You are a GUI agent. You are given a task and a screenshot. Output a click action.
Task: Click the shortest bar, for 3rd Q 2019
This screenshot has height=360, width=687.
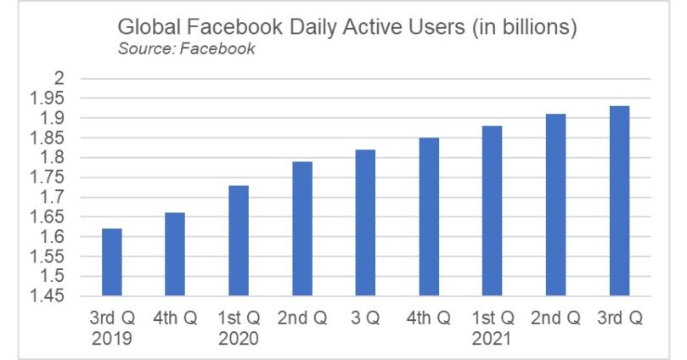point(112,262)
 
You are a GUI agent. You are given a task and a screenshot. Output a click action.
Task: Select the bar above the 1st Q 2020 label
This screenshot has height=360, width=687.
point(239,240)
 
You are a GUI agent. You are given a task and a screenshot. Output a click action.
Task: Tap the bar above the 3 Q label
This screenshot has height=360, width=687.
point(365,222)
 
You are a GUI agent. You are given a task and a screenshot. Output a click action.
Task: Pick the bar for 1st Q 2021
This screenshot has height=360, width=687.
point(492,211)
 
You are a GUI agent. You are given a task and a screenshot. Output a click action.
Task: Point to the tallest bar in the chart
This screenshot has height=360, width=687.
point(619,200)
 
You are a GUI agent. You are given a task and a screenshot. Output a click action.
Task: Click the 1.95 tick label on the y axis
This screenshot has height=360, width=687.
point(47,98)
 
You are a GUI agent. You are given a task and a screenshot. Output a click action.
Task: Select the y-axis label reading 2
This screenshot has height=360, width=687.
point(59,78)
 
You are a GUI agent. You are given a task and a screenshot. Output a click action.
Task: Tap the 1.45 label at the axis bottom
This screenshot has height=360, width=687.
point(47,296)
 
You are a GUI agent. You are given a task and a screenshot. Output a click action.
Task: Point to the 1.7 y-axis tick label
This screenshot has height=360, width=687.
point(52,197)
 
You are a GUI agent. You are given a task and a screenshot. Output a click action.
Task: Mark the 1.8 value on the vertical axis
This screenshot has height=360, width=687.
point(52,158)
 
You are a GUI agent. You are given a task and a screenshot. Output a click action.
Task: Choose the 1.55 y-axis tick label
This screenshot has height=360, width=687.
point(47,256)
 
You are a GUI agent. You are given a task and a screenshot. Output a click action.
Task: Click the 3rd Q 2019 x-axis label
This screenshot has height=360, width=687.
point(112,328)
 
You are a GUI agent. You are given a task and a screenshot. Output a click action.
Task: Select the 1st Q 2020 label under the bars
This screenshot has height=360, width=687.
point(239,328)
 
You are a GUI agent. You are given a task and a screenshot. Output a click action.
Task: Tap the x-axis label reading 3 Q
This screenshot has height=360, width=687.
point(365,318)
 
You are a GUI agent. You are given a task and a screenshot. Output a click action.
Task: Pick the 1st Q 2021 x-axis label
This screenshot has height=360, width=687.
point(493,328)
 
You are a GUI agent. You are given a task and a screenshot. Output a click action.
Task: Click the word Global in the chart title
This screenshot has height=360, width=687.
point(149,26)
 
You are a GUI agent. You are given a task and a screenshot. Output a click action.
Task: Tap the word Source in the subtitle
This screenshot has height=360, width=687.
point(147,48)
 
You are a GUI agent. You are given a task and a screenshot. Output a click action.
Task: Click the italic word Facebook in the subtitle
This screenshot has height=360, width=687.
point(218,48)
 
